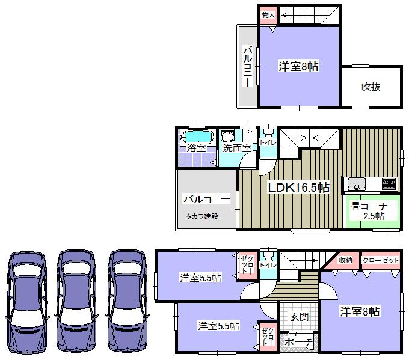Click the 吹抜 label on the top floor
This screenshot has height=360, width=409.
(371, 87)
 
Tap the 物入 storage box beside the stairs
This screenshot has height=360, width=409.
(268, 15)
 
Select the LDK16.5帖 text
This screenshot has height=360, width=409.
(298, 188)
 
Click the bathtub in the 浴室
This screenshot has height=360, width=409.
(197, 136)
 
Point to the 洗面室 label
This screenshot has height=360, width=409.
(236, 147)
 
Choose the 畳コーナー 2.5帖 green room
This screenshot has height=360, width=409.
(373, 211)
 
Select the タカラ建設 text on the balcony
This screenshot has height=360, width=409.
(201, 216)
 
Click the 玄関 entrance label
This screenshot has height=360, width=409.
(298, 317)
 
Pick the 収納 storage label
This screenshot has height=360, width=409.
(345, 260)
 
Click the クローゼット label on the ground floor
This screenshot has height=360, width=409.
(381, 260)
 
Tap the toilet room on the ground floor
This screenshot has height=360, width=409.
(268, 264)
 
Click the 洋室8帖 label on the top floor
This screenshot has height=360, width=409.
(298, 67)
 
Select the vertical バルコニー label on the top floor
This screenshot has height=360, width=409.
(247, 66)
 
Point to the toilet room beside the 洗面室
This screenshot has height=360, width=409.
(268, 142)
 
